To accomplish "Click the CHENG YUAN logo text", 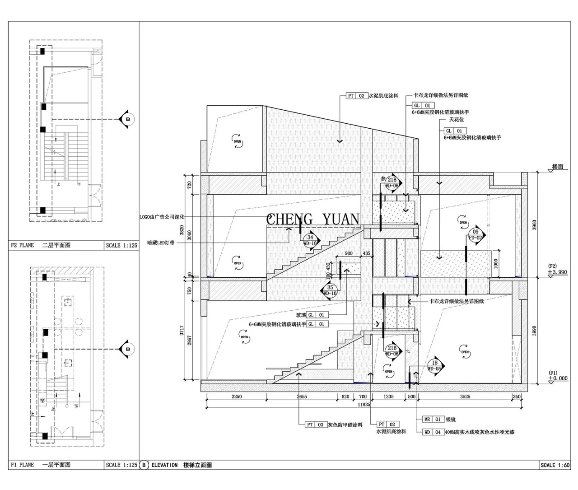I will (x=312, y=219).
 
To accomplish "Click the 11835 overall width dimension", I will (x=364, y=405).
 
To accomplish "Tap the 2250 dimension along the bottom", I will (x=236, y=397).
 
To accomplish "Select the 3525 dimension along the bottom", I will (x=465, y=397).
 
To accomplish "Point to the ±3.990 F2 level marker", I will (x=558, y=272).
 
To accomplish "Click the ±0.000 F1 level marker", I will (x=558, y=378).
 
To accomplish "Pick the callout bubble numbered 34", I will (x=310, y=240).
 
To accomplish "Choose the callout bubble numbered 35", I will (x=330, y=290).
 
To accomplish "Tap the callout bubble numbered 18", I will (x=435, y=365).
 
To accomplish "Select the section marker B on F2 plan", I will (x=127, y=119).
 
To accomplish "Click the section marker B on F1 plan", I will (x=127, y=349).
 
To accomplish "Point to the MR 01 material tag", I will (x=433, y=419).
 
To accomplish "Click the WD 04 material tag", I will (x=433, y=432).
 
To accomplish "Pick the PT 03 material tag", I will (x=315, y=425).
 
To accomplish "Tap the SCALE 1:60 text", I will (x=555, y=465).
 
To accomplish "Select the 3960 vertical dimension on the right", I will (x=534, y=224).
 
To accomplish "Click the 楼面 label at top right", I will (x=558, y=167).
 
